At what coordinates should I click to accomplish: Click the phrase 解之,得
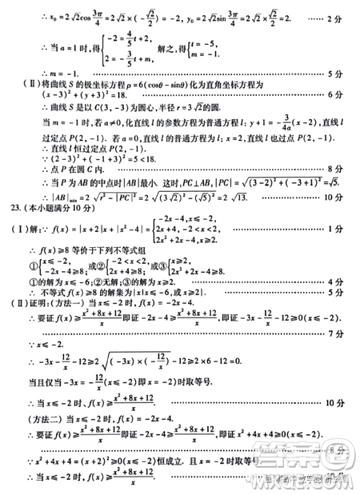(170, 53)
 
